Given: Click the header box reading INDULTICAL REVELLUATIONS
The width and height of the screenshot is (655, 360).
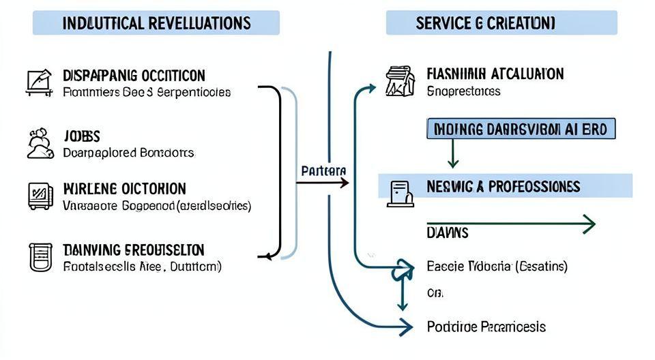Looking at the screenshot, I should [x=156, y=22].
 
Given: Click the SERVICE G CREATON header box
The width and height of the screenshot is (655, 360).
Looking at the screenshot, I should [x=501, y=22].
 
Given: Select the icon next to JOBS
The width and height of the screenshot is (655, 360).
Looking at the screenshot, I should [x=39, y=143].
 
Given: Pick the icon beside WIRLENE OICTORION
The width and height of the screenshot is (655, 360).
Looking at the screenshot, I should [x=39, y=196].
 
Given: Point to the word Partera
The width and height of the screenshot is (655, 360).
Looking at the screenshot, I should [x=323, y=170].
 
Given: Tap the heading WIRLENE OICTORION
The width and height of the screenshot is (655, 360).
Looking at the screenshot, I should [x=124, y=188].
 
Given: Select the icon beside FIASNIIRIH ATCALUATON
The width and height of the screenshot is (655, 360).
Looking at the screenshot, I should [x=401, y=80].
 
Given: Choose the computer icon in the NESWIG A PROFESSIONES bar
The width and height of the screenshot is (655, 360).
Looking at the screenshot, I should [x=400, y=193].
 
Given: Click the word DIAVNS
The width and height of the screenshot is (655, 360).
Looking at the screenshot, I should [x=448, y=233].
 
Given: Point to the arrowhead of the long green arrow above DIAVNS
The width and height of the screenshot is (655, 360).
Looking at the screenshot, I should [x=588, y=224].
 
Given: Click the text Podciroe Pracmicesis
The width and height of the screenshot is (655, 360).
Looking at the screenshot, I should [x=486, y=327].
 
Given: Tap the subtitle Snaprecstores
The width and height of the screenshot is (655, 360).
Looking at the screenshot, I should [x=463, y=91].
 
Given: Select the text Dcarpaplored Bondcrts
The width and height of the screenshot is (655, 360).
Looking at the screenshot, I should [x=128, y=152].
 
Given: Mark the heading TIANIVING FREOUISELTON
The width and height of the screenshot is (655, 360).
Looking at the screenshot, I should [x=133, y=250].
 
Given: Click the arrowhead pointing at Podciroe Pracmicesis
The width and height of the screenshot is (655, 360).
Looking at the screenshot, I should [x=407, y=327].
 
